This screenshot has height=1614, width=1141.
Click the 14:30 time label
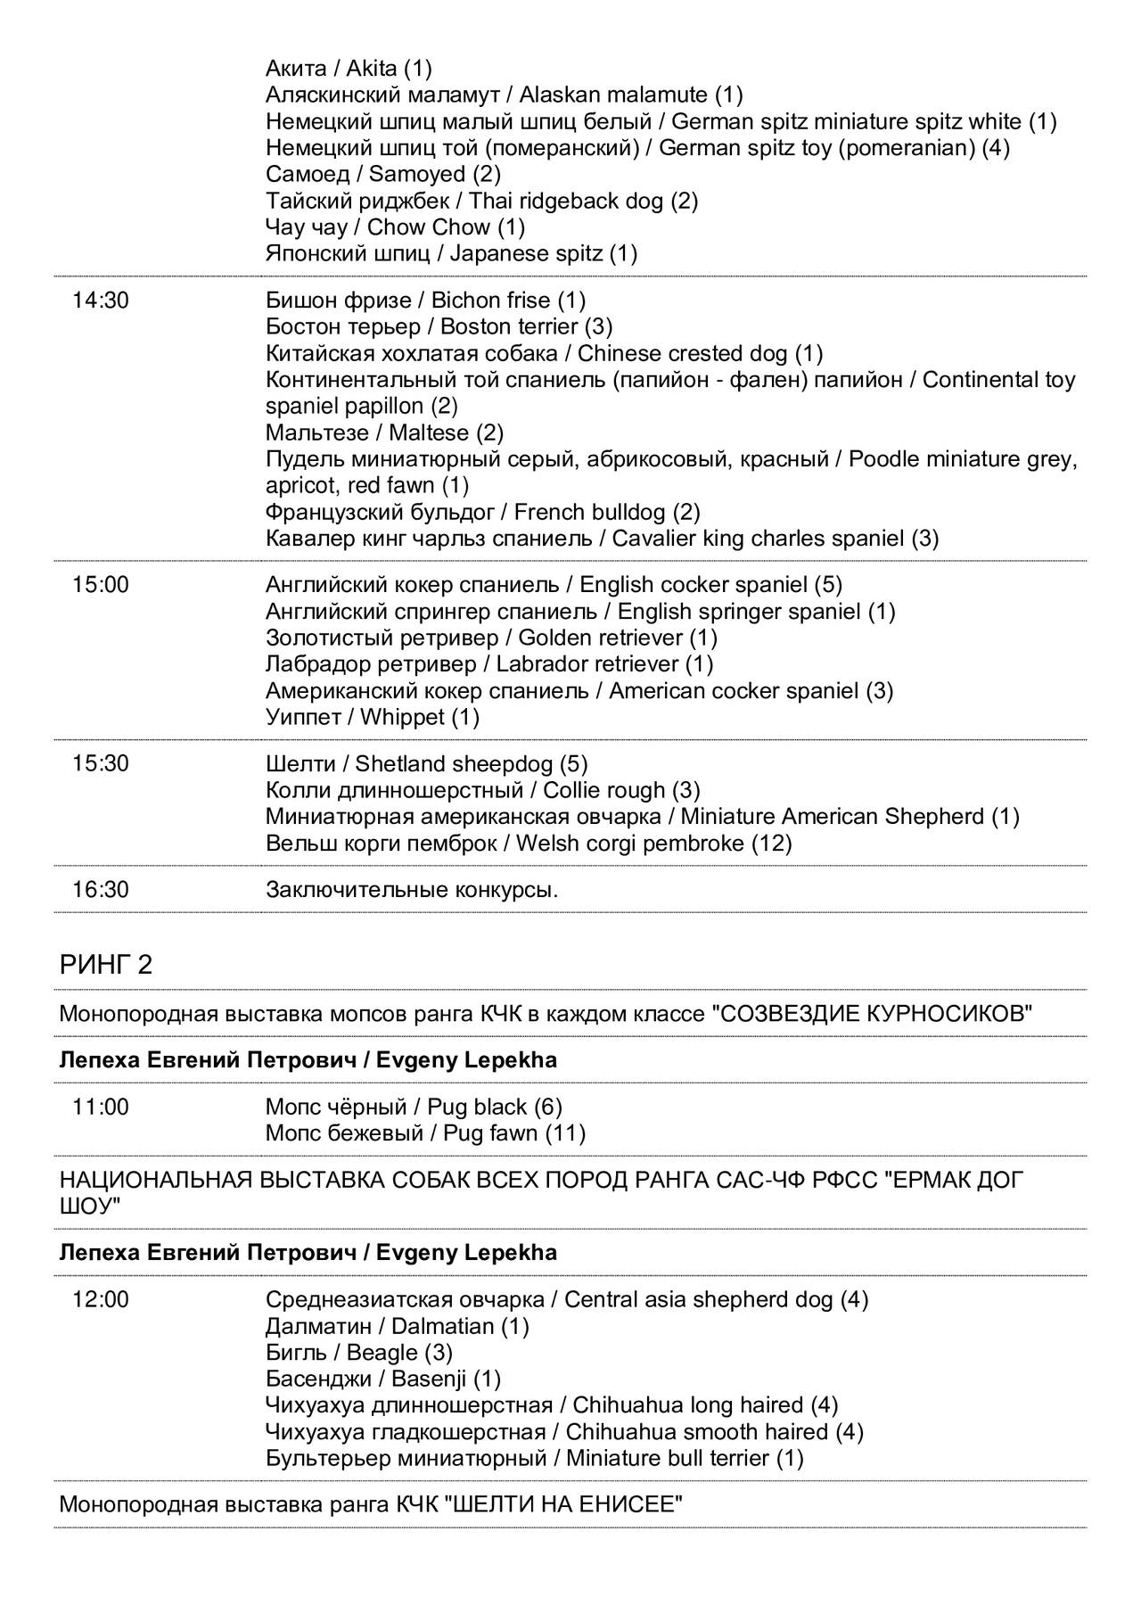coord(100,301)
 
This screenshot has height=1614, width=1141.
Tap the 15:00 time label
coord(100,585)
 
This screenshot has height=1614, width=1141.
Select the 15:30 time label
coord(100,764)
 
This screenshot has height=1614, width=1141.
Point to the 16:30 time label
coord(100,890)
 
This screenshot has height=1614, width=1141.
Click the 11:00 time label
coord(100,1108)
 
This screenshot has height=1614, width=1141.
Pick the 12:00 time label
coord(100,1300)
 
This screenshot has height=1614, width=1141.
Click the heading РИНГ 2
coord(106,966)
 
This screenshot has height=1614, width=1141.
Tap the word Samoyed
coord(417,174)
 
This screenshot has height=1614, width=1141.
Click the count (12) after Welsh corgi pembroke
coord(771,844)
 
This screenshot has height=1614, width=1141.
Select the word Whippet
coord(402,717)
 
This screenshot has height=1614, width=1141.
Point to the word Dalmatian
coord(442,1327)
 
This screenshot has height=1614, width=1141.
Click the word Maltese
coord(429,433)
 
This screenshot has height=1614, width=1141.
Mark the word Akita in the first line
coord(371,69)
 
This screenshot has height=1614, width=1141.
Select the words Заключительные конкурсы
coord(412,890)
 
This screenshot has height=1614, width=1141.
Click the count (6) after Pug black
coord(548,1108)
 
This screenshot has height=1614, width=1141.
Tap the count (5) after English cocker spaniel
coord(828,585)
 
